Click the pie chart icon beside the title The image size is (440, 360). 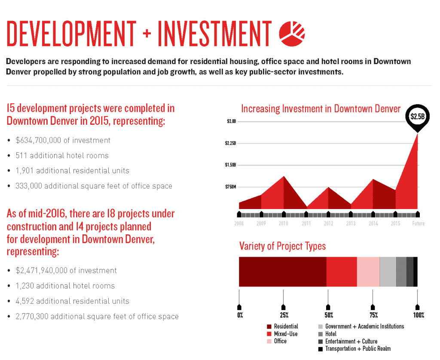[292, 33]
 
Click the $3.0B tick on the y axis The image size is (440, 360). [231, 121]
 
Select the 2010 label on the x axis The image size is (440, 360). [284, 224]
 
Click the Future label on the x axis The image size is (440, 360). [418, 224]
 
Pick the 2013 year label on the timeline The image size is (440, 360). [351, 224]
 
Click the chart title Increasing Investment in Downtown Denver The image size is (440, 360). [321, 109]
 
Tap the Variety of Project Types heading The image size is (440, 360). [282, 246]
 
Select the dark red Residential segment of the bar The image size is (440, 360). [282, 272]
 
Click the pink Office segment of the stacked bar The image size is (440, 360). [368, 272]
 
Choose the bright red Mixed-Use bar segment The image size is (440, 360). [342, 272]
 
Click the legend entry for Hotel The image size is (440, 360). [331, 334]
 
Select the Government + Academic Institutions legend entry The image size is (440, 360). [364, 326]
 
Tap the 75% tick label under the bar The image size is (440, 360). [373, 315]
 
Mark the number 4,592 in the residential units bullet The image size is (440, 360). [25, 301]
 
